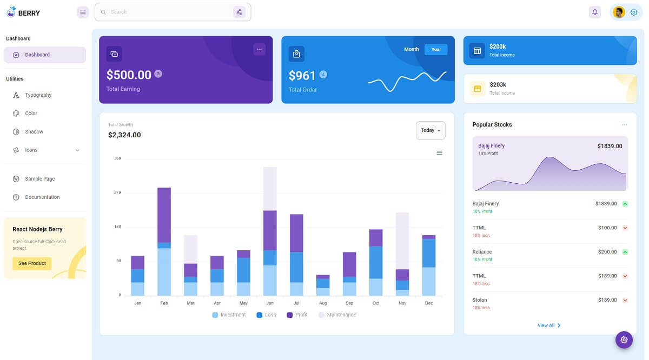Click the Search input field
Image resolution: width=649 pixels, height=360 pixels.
pos(168,12)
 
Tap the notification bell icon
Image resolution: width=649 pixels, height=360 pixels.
pos(595,12)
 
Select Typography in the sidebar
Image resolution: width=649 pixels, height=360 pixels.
pos(38,95)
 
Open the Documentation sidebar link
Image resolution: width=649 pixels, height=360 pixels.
pos(42,197)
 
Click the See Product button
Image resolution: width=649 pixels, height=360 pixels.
pos(32,263)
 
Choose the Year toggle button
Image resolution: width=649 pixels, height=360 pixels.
pos(436,50)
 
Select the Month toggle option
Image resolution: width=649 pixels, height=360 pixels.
pos(412,50)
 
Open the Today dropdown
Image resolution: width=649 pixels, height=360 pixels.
pos(431,130)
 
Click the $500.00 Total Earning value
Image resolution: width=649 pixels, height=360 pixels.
pos(129,75)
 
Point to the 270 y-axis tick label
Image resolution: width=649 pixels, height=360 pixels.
pos(117,192)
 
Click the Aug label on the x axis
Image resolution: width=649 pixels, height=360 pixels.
pos(323,303)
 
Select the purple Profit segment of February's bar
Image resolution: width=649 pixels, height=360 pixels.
pos(164,215)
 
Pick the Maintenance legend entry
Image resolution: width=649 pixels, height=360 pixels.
pos(337,315)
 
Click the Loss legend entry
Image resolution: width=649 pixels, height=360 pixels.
pos(266,315)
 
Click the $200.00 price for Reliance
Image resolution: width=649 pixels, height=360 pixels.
pos(607,252)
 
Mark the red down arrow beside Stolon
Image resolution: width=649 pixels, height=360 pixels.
pos(625,300)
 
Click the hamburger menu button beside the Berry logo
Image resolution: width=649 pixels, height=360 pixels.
pos(83,12)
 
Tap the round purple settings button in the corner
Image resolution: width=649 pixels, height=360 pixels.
pos(624,339)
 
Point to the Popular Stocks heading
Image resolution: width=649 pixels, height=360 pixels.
pos(492,125)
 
